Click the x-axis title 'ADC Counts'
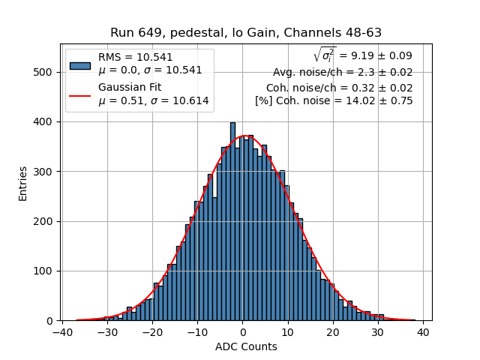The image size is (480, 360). pos(246,346)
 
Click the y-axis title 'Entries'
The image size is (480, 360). pos(23,183)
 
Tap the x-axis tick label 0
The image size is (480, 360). pos(243,332)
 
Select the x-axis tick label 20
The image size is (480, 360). pos(333,332)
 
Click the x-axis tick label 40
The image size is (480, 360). pos(423,332)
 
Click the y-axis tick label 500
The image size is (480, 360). pos(45,72)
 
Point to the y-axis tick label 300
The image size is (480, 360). pos(45,172)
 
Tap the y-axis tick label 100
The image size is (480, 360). pos(45,271)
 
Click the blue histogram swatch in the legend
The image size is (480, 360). pos(80,65)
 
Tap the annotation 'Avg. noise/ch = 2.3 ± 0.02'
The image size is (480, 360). pos(343,73)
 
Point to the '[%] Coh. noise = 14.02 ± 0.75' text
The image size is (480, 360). pos(334,101)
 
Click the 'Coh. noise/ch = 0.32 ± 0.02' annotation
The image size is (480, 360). pos(340,87)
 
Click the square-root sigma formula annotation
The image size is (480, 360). pos(363,55)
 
